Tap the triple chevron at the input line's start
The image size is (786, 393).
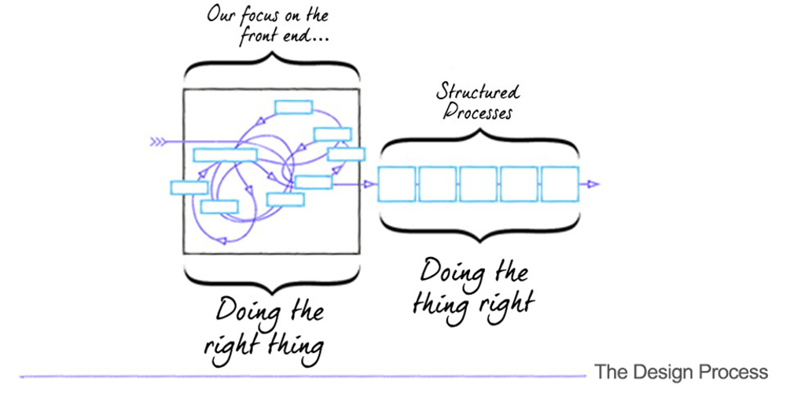158,142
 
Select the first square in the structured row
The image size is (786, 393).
397,184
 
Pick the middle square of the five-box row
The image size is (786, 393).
479,184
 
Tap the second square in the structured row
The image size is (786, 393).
438,184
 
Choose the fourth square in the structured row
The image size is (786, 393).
520,184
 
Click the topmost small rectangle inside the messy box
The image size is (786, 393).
292,107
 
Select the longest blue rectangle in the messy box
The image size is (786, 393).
225,155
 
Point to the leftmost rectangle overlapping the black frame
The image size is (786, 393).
189,188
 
